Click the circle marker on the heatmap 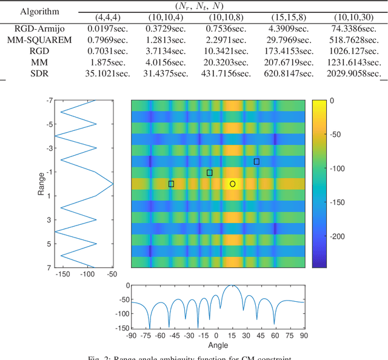233,183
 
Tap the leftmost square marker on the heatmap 171,184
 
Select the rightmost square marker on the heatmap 256,161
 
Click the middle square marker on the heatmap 210,173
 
